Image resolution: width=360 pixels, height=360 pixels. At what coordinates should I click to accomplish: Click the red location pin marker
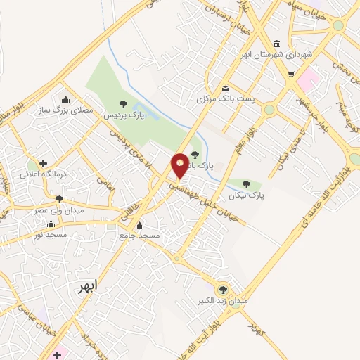click(x=180, y=166)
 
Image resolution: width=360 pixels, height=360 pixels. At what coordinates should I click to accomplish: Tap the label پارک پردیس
click(x=124, y=114)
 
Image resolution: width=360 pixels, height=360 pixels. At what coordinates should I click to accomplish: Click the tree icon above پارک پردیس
click(x=124, y=104)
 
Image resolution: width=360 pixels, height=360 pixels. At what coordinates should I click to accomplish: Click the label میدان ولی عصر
click(x=59, y=210)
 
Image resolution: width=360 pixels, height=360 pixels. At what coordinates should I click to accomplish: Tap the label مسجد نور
click(x=48, y=234)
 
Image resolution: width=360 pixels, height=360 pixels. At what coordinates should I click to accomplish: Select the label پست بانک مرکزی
click(x=226, y=99)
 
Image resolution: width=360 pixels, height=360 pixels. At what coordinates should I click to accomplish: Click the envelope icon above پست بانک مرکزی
click(x=226, y=89)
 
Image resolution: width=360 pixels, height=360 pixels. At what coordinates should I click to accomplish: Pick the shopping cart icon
click(x=291, y=73)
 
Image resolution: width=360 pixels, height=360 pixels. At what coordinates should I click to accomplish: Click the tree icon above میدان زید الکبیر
click(x=223, y=289)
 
